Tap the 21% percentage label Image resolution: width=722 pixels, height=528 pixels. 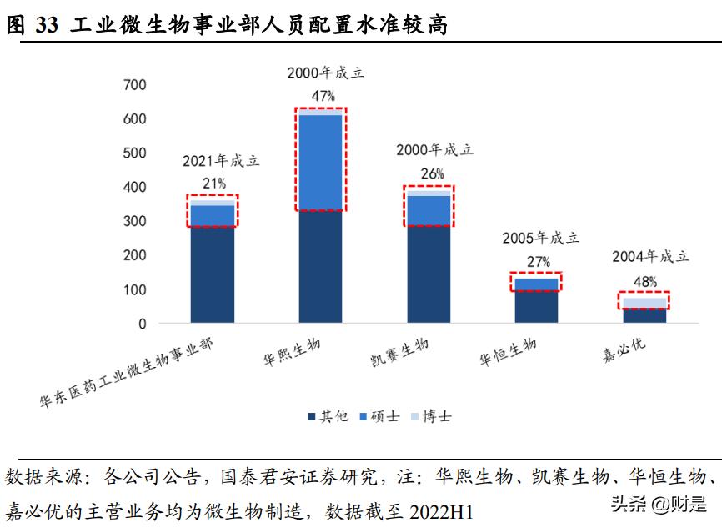213,182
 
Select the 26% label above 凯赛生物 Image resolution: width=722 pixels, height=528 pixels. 430,173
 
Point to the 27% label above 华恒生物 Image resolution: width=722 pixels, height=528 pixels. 538,261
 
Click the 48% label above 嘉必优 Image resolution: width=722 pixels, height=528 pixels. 645,281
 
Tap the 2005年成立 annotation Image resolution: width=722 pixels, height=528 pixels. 539,239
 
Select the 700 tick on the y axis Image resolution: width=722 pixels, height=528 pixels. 134,85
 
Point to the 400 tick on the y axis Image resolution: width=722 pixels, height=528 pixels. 134,188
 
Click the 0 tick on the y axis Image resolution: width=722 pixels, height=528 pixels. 142,324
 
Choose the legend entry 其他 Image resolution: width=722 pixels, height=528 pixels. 327,415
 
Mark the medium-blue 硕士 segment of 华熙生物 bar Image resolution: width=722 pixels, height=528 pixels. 321,163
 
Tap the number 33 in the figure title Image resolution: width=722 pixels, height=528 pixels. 48,27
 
